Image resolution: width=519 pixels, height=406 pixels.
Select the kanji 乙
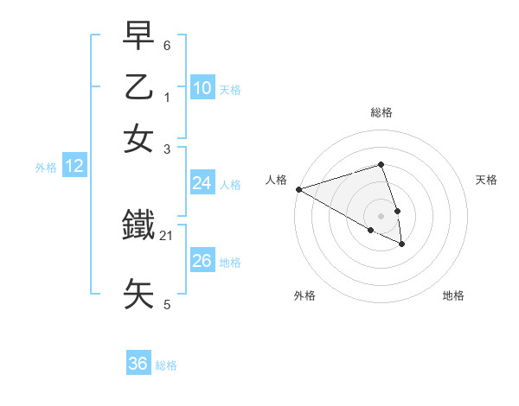[139, 87]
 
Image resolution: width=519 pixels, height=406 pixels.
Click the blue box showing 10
[202, 87]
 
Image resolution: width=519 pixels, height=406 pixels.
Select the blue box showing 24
[202, 183]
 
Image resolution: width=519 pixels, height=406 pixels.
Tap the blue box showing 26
[202, 261]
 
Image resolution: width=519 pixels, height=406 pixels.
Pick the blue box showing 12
[74, 166]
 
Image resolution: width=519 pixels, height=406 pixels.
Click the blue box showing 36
[138, 364]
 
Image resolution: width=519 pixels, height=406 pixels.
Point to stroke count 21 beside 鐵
[167, 235]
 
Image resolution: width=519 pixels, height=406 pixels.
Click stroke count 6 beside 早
[167, 44]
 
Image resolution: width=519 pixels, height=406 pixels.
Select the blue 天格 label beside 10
[230, 90]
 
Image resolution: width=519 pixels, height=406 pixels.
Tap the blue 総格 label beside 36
[166, 365]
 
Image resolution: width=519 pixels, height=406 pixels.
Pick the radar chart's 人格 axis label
[276, 180]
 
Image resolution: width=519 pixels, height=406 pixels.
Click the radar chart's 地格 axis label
[453, 295]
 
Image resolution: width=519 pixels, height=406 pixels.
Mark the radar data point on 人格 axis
[298, 189]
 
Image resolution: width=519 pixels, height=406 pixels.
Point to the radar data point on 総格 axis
[381, 164]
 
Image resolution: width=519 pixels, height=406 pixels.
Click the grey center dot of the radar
[381, 215]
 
